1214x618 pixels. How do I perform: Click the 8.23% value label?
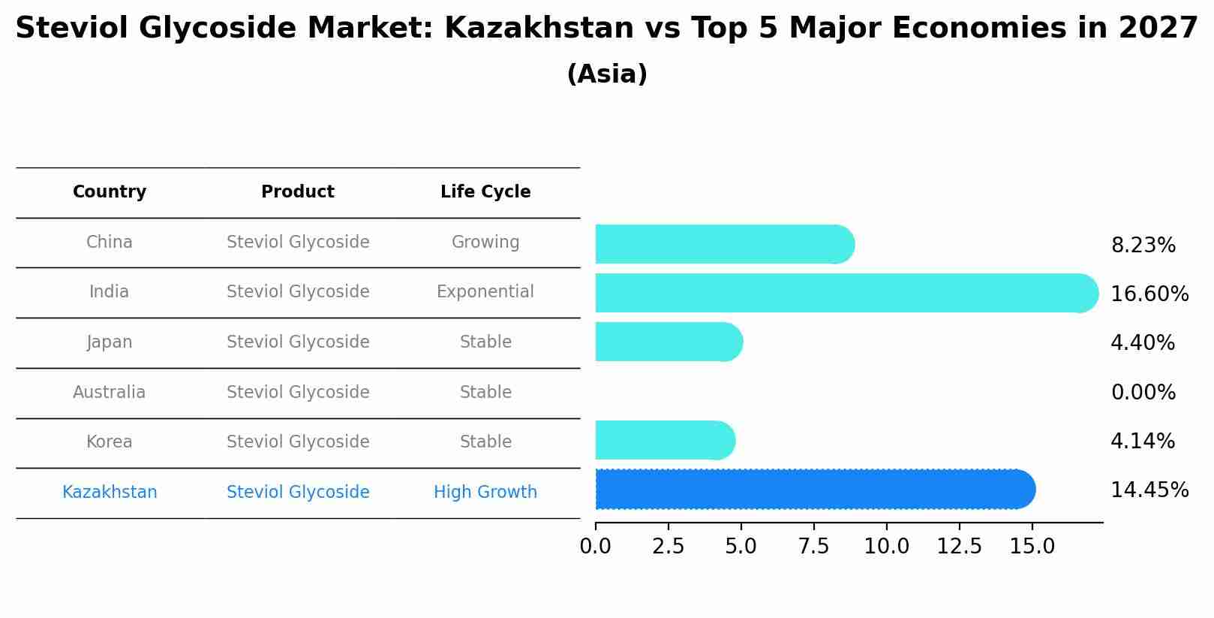pos(1143,246)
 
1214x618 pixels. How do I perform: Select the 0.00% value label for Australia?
pos(1143,392)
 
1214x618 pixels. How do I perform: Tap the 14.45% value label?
pos(1149,490)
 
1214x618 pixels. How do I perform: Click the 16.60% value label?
pos(1149,294)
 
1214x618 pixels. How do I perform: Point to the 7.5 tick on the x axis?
pos(813,546)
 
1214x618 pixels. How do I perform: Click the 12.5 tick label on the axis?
pos(959,546)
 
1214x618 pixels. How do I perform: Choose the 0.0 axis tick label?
pos(595,546)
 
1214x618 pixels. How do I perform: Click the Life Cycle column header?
pos(485,192)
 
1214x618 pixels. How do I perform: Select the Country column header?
pos(110,192)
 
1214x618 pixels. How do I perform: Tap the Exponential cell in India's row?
pos(485,291)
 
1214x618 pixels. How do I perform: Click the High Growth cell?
pos(485,492)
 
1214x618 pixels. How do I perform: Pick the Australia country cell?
pos(110,392)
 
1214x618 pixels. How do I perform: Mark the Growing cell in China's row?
pos(485,242)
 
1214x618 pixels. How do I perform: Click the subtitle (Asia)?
pos(607,74)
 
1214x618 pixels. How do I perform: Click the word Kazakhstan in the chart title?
pos(539,29)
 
